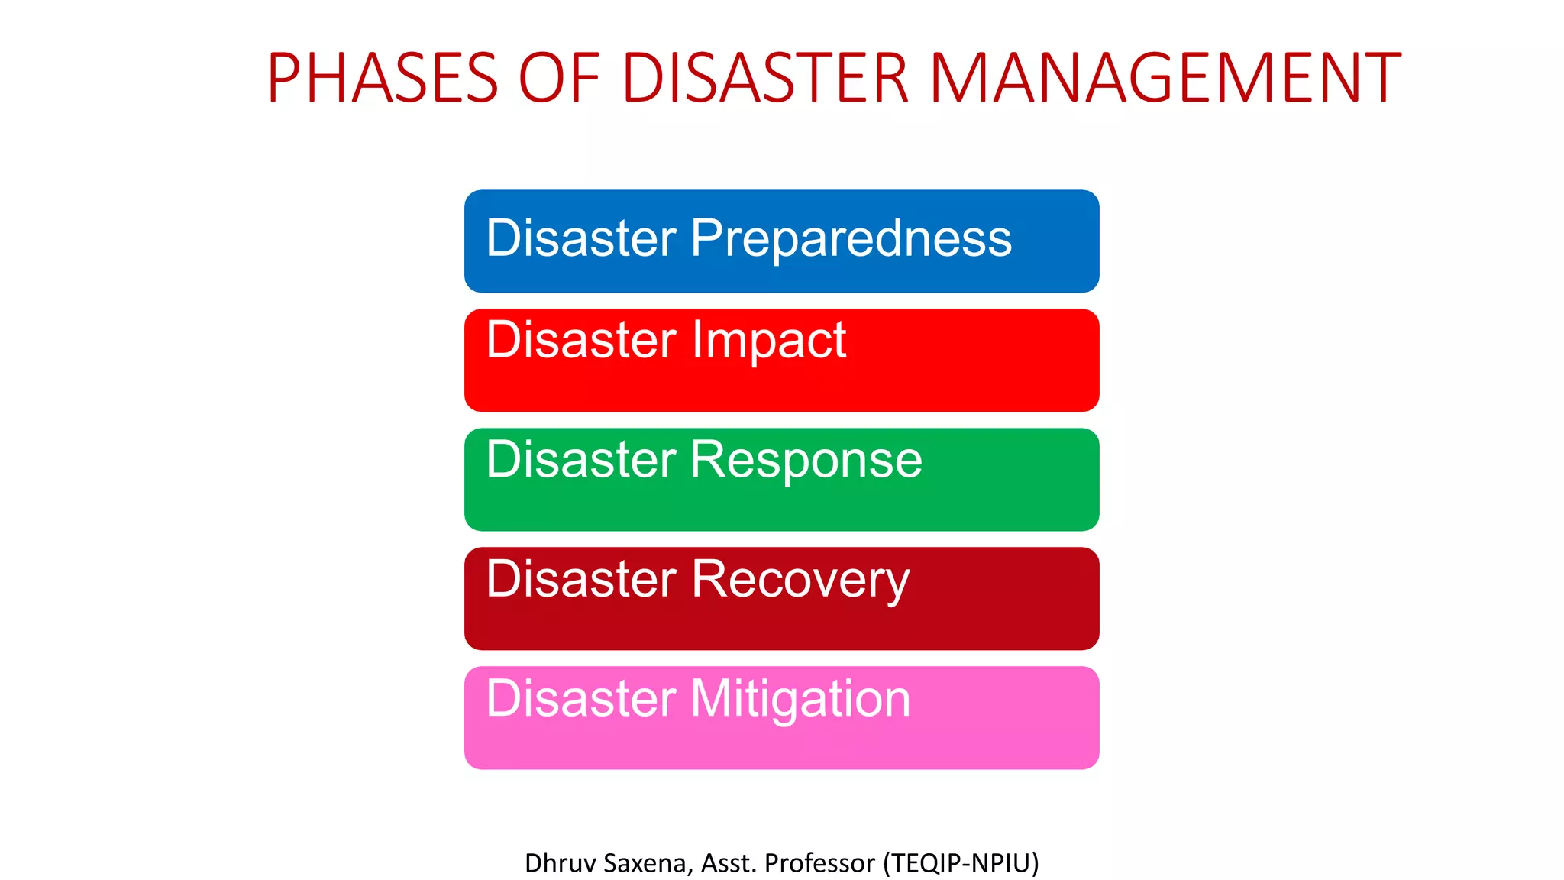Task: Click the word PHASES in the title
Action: coord(383,78)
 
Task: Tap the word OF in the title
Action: coord(559,78)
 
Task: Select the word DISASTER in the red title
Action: coord(766,78)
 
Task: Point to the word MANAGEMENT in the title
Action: coord(1165,78)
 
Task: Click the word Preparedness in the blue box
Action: coord(851,239)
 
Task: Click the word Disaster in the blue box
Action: coord(581,238)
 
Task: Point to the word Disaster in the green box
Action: coord(581,460)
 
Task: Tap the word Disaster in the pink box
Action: coord(581,698)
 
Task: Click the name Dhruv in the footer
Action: coord(560,863)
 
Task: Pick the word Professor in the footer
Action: coord(819,863)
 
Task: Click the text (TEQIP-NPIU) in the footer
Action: coord(961,863)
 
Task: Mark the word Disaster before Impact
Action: coord(581,340)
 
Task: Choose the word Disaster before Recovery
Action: coord(581,579)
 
